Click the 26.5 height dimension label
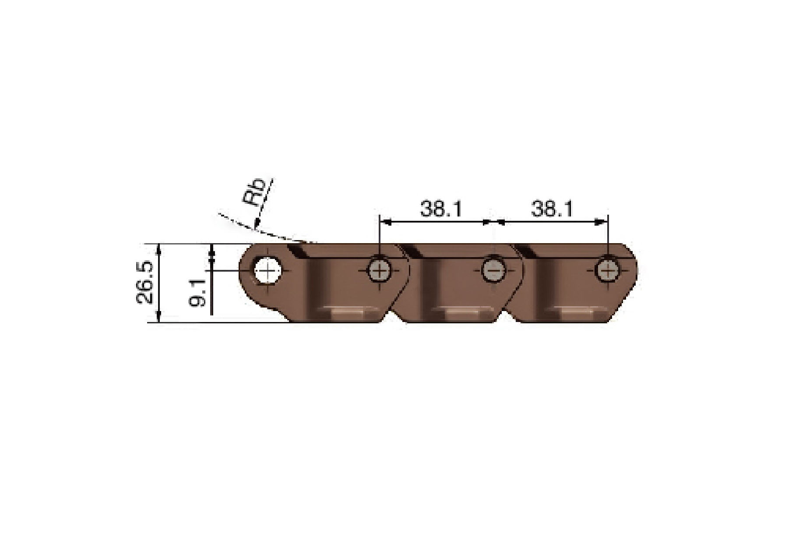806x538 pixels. (144, 283)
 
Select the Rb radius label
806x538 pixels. (254, 191)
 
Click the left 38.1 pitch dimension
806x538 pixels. (441, 209)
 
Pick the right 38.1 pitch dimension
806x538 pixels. (552, 209)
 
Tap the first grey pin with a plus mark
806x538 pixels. (380, 270)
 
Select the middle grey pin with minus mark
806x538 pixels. (493, 270)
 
